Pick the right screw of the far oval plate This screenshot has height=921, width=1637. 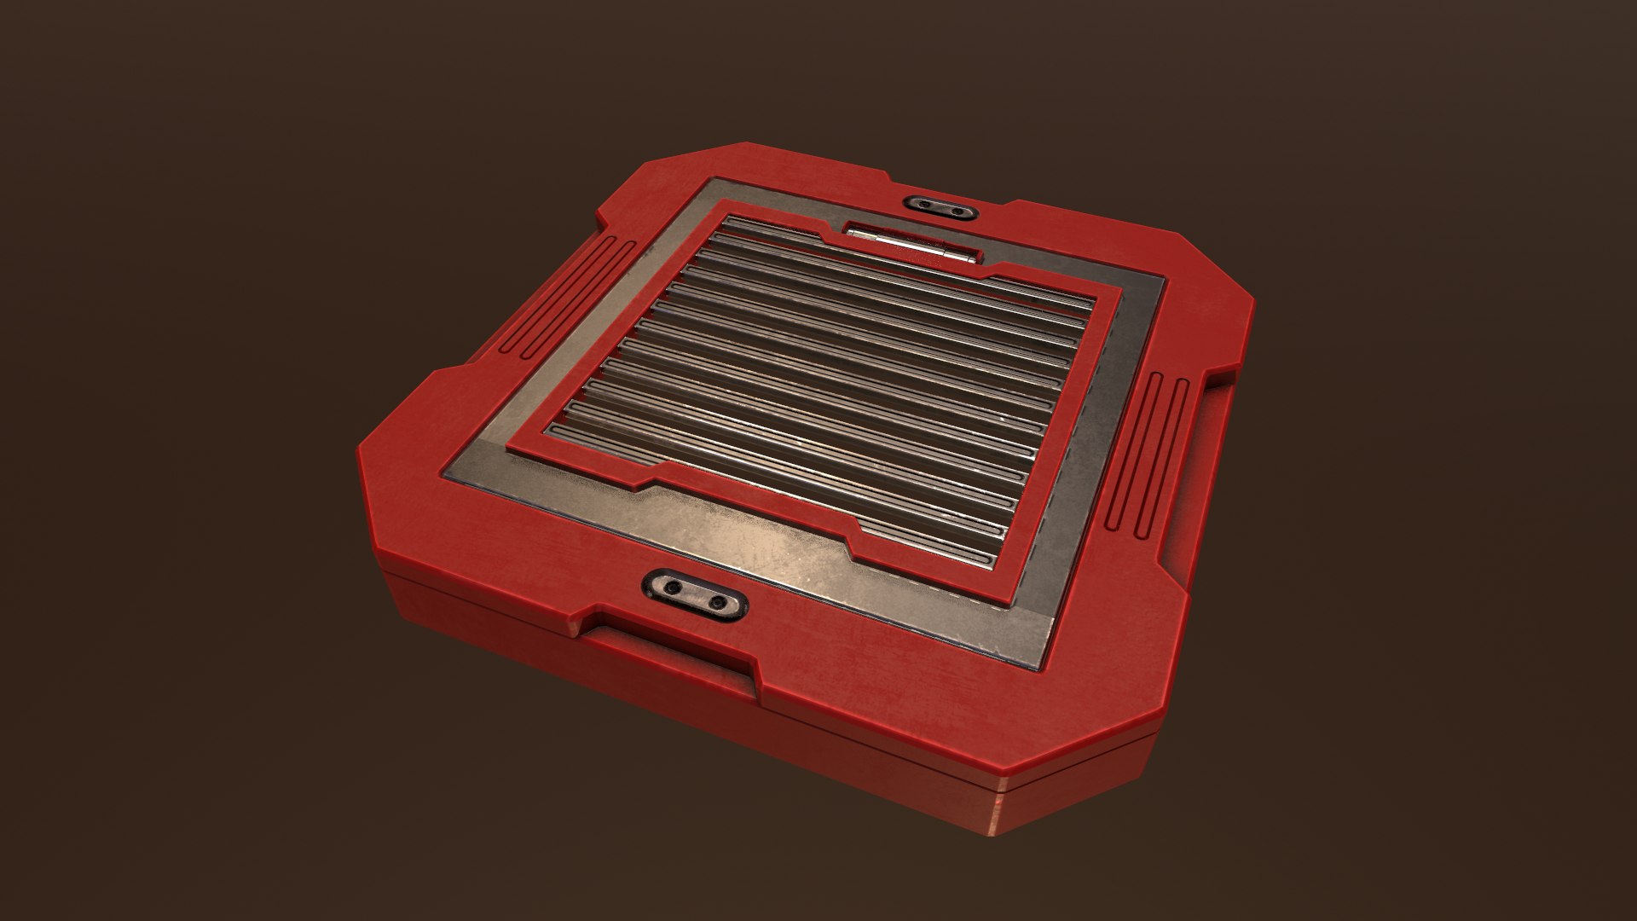click(x=957, y=211)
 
